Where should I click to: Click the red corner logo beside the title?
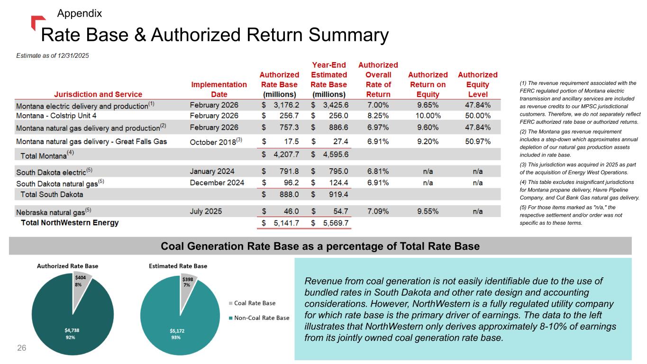coord(37,21)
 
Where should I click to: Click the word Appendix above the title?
coord(79,13)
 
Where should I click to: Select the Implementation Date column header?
coord(219,89)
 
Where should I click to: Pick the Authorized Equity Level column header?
coord(477,84)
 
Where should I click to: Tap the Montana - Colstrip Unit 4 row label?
coord(56,116)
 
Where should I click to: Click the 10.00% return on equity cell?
coord(428,116)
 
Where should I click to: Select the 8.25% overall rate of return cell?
coord(378,116)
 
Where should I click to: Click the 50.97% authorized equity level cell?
coord(477,141)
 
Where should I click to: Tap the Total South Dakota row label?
coord(52,194)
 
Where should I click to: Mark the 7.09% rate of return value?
coord(378,211)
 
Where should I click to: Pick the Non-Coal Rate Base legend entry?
coord(262,318)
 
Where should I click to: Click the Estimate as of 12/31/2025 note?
coord(53,55)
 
